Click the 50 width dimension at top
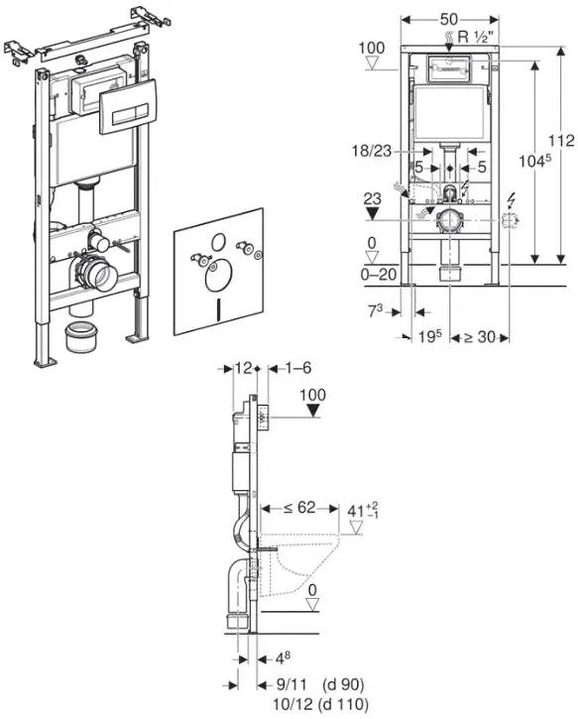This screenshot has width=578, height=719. click(449, 19)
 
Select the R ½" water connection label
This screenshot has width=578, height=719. click(478, 37)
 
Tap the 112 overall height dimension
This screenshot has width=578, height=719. click(561, 140)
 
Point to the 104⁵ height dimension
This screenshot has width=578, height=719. click(534, 161)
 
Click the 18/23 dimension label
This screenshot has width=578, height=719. click(372, 151)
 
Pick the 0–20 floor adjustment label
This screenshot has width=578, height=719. click(379, 274)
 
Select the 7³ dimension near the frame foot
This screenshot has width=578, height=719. click(376, 311)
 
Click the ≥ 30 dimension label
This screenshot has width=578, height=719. click(480, 337)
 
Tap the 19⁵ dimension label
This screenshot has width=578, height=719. click(430, 336)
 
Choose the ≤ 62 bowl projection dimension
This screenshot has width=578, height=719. click(299, 507)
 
